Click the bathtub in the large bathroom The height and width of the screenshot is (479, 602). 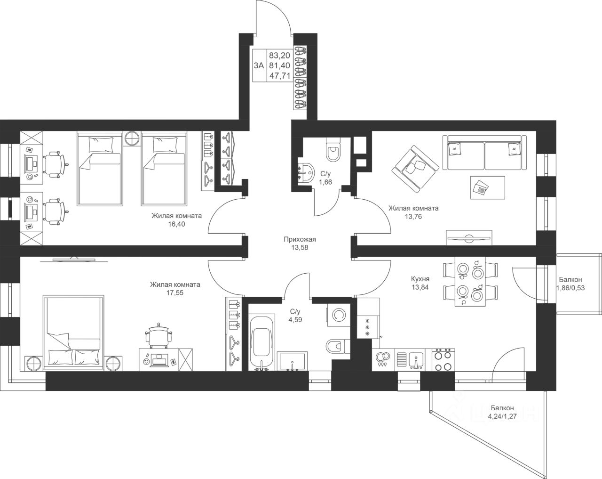pos(262,343)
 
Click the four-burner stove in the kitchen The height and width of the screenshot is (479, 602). pos(444,360)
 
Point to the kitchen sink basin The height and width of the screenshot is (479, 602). pos(416,360)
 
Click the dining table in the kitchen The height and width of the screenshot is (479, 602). pos(469,282)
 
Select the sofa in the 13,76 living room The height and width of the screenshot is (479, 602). pos(484,153)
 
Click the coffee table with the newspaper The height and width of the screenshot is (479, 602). pos(488,187)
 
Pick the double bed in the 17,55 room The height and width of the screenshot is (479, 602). pos(73,333)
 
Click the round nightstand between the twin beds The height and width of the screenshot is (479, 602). pos(132,138)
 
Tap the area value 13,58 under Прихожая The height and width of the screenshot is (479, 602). pos(299,248)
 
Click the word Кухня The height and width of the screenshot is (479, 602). pos(420,279)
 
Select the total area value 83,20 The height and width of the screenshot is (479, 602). pos(279,55)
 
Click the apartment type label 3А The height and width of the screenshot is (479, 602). pos(259,65)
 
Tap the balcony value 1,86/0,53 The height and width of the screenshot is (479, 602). pos(570,288)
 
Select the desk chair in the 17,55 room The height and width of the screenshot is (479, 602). pos(158,336)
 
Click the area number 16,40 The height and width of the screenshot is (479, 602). pos(176,224)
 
